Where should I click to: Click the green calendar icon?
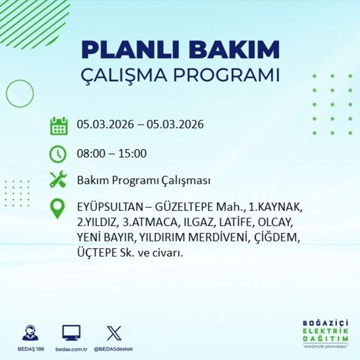[58, 125]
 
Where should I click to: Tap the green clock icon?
[58, 153]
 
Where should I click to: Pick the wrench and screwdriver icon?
[58, 180]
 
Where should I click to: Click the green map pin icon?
[58, 209]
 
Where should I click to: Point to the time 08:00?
[91, 153]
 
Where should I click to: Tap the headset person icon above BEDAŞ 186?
[30, 332]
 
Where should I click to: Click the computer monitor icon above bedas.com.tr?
[71, 332]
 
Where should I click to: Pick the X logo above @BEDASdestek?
[114, 332]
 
